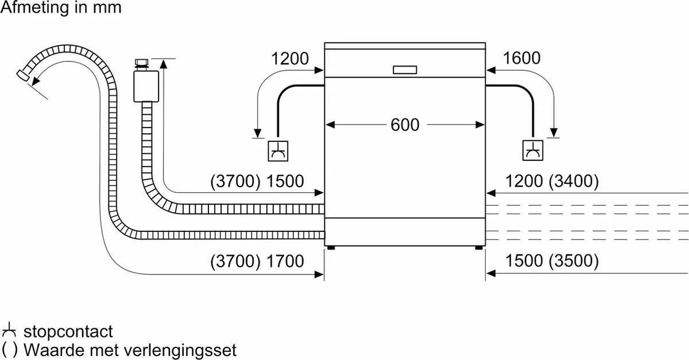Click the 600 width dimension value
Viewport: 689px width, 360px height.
tap(405, 125)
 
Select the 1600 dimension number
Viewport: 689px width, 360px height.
tap(522, 58)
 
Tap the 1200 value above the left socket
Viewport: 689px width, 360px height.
tap(289, 58)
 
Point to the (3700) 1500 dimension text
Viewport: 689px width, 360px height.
tap(257, 182)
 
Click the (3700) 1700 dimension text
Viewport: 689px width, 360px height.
tap(257, 262)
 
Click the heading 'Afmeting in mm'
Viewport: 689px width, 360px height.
tap(61, 9)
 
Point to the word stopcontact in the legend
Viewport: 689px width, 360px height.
tap(68, 332)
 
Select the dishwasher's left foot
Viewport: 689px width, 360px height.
tap(330, 247)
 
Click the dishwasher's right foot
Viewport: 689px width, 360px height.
tap(479, 247)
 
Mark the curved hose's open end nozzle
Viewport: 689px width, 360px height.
tap(25, 75)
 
